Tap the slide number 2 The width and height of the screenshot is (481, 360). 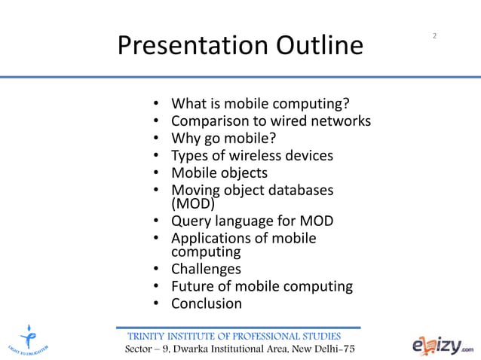click(435, 36)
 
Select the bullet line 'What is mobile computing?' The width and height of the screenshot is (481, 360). click(261, 103)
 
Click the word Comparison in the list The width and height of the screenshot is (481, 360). click(212, 121)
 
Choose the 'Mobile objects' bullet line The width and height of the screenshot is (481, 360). click(219, 173)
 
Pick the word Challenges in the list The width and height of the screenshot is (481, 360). click(207, 269)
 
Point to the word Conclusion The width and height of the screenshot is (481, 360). click(207, 304)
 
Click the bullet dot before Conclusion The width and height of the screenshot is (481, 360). click(155, 304)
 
